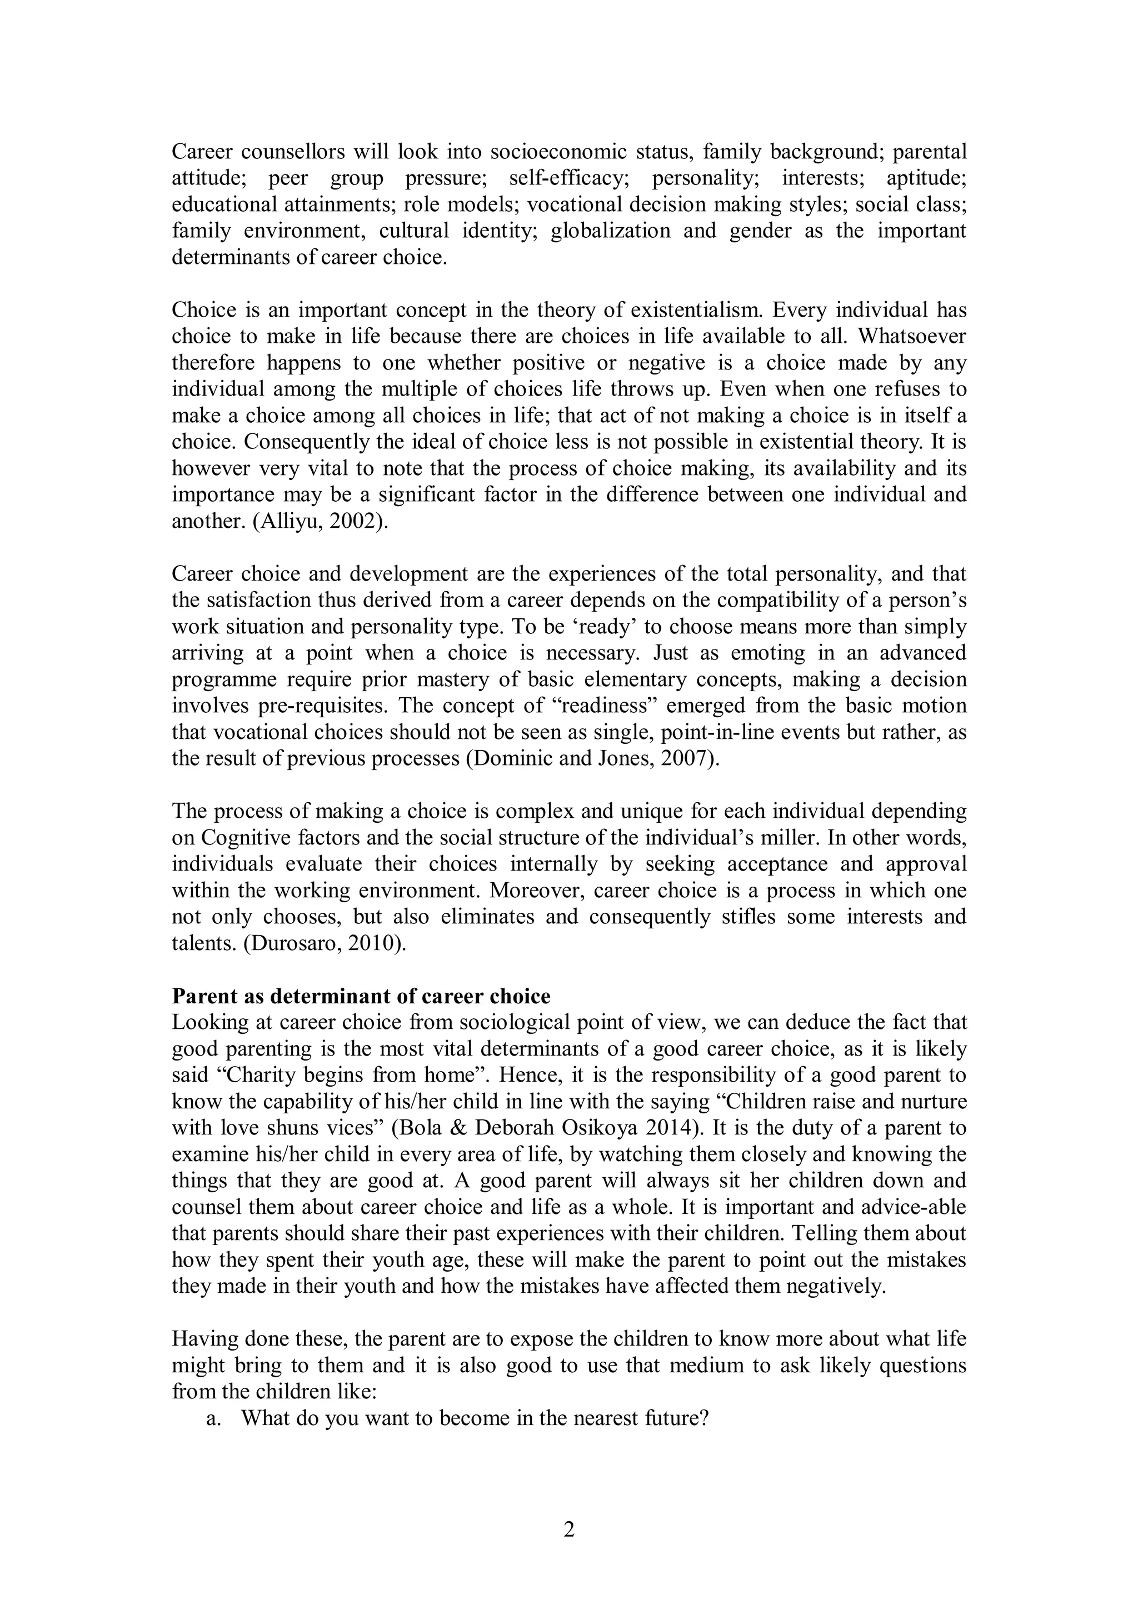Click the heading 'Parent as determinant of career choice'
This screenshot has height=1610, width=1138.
point(361,997)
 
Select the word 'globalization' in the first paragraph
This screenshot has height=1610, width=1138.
point(611,231)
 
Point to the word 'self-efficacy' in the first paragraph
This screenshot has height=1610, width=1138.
point(568,178)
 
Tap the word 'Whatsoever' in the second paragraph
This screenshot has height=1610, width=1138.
point(911,337)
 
